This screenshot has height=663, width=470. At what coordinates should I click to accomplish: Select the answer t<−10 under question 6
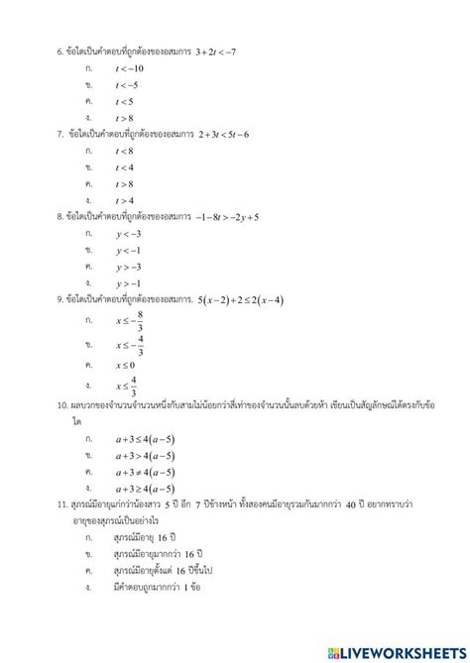129,67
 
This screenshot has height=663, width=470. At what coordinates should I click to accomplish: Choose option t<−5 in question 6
126,84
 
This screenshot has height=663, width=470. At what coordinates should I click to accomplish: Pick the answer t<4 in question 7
124,167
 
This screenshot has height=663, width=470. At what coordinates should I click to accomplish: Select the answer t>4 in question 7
124,200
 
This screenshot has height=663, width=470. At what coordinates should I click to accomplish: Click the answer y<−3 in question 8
127,233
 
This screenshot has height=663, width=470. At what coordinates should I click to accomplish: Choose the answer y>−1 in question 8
127,283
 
